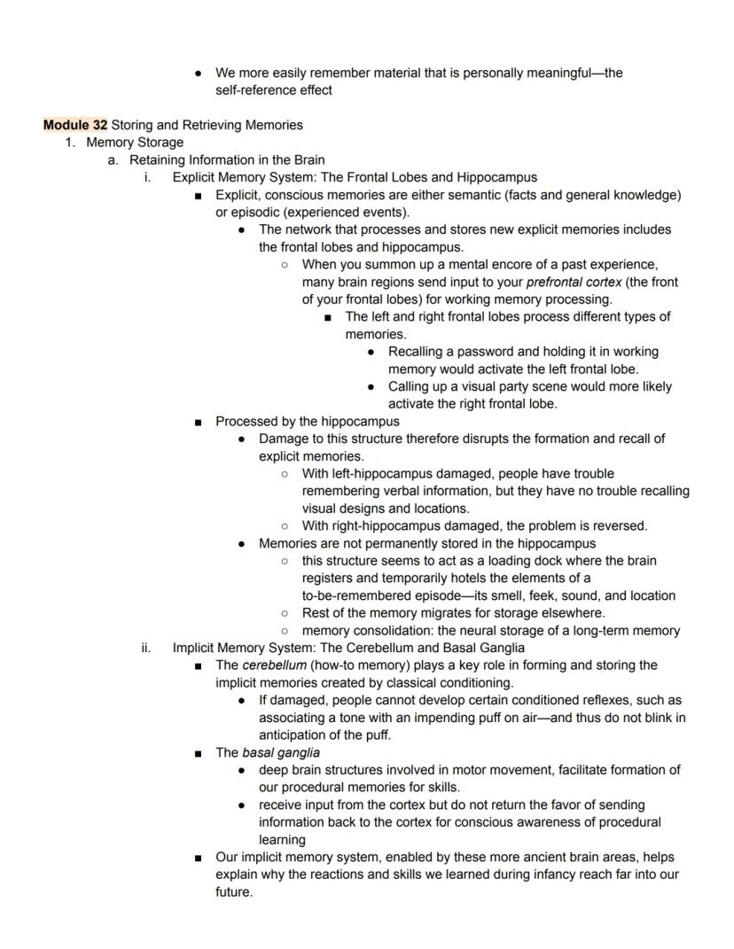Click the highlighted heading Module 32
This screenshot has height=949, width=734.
[x=75, y=125]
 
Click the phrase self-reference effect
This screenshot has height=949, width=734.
[x=273, y=90]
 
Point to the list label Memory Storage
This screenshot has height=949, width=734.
[x=135, y=143]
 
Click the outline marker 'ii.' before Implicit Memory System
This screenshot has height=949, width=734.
[x=147, y=648]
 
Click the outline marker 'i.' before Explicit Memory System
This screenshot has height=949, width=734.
[x=147, y=177]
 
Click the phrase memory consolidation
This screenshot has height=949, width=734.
[x=362, y=631]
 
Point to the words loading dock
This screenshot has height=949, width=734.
[x=537, y=561]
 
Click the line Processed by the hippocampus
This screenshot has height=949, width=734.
[x=307, y=422]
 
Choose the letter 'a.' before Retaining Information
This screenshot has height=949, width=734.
[x=113, y=160]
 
